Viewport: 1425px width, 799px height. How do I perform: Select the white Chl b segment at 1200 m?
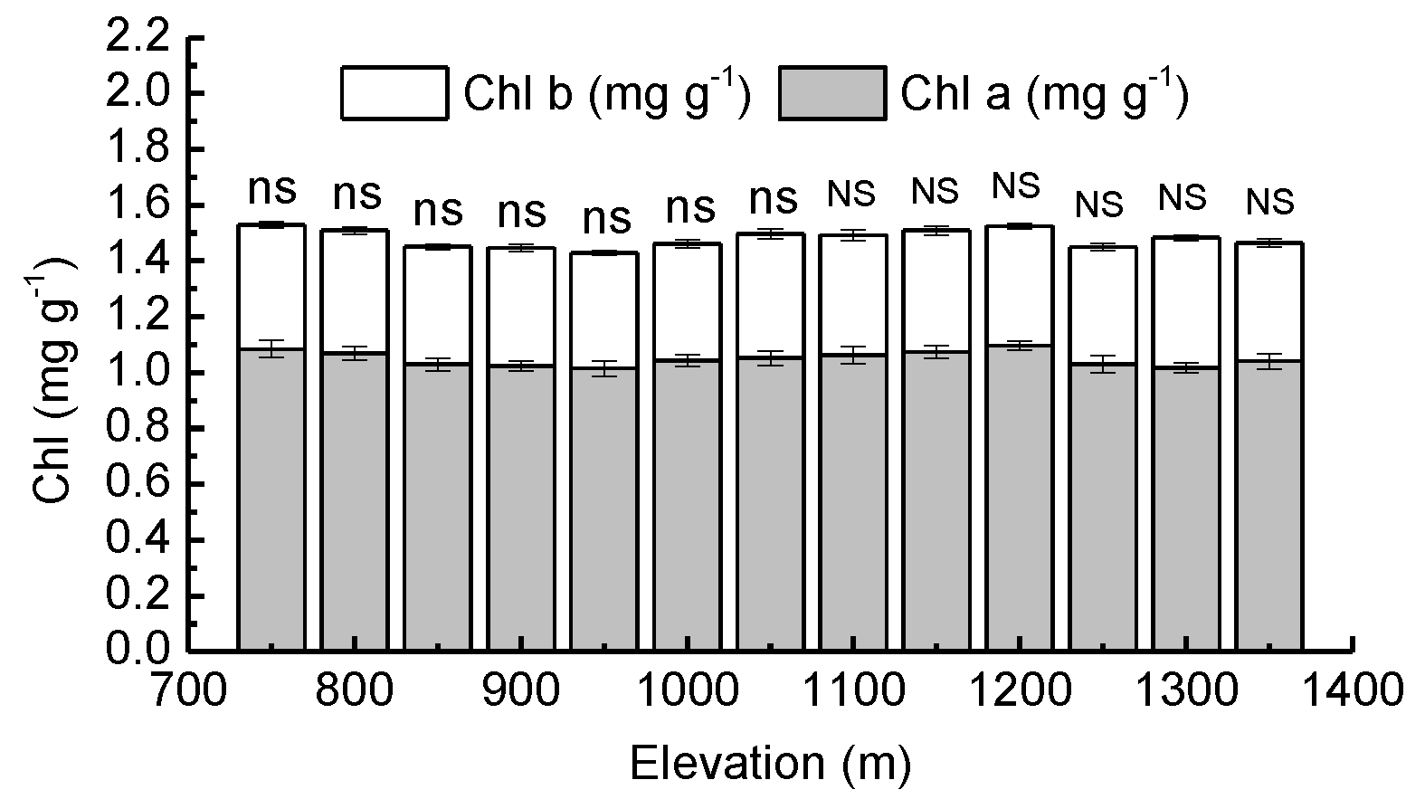[x=1019, y=285]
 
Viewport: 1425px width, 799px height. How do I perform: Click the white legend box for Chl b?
[x=394, y=93]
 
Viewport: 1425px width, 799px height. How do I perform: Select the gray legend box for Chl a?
[x=831, y=93]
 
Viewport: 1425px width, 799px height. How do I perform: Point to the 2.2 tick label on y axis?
[x=138, y=38]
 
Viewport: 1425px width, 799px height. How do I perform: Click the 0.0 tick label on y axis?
[x=138, y=651]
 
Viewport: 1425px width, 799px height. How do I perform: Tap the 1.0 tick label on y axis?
[x=138, y=372]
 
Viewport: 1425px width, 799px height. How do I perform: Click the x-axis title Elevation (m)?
[x=770, y=764]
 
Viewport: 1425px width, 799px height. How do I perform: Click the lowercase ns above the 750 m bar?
[x=271, y=190]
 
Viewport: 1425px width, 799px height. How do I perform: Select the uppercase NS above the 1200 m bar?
[x=1017, y=185]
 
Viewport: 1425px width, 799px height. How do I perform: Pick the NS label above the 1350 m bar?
[x=1269, y=202]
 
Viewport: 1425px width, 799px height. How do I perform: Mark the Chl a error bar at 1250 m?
[x=1102, y=365]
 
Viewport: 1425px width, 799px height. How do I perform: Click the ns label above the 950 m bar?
[x=604, y=218]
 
